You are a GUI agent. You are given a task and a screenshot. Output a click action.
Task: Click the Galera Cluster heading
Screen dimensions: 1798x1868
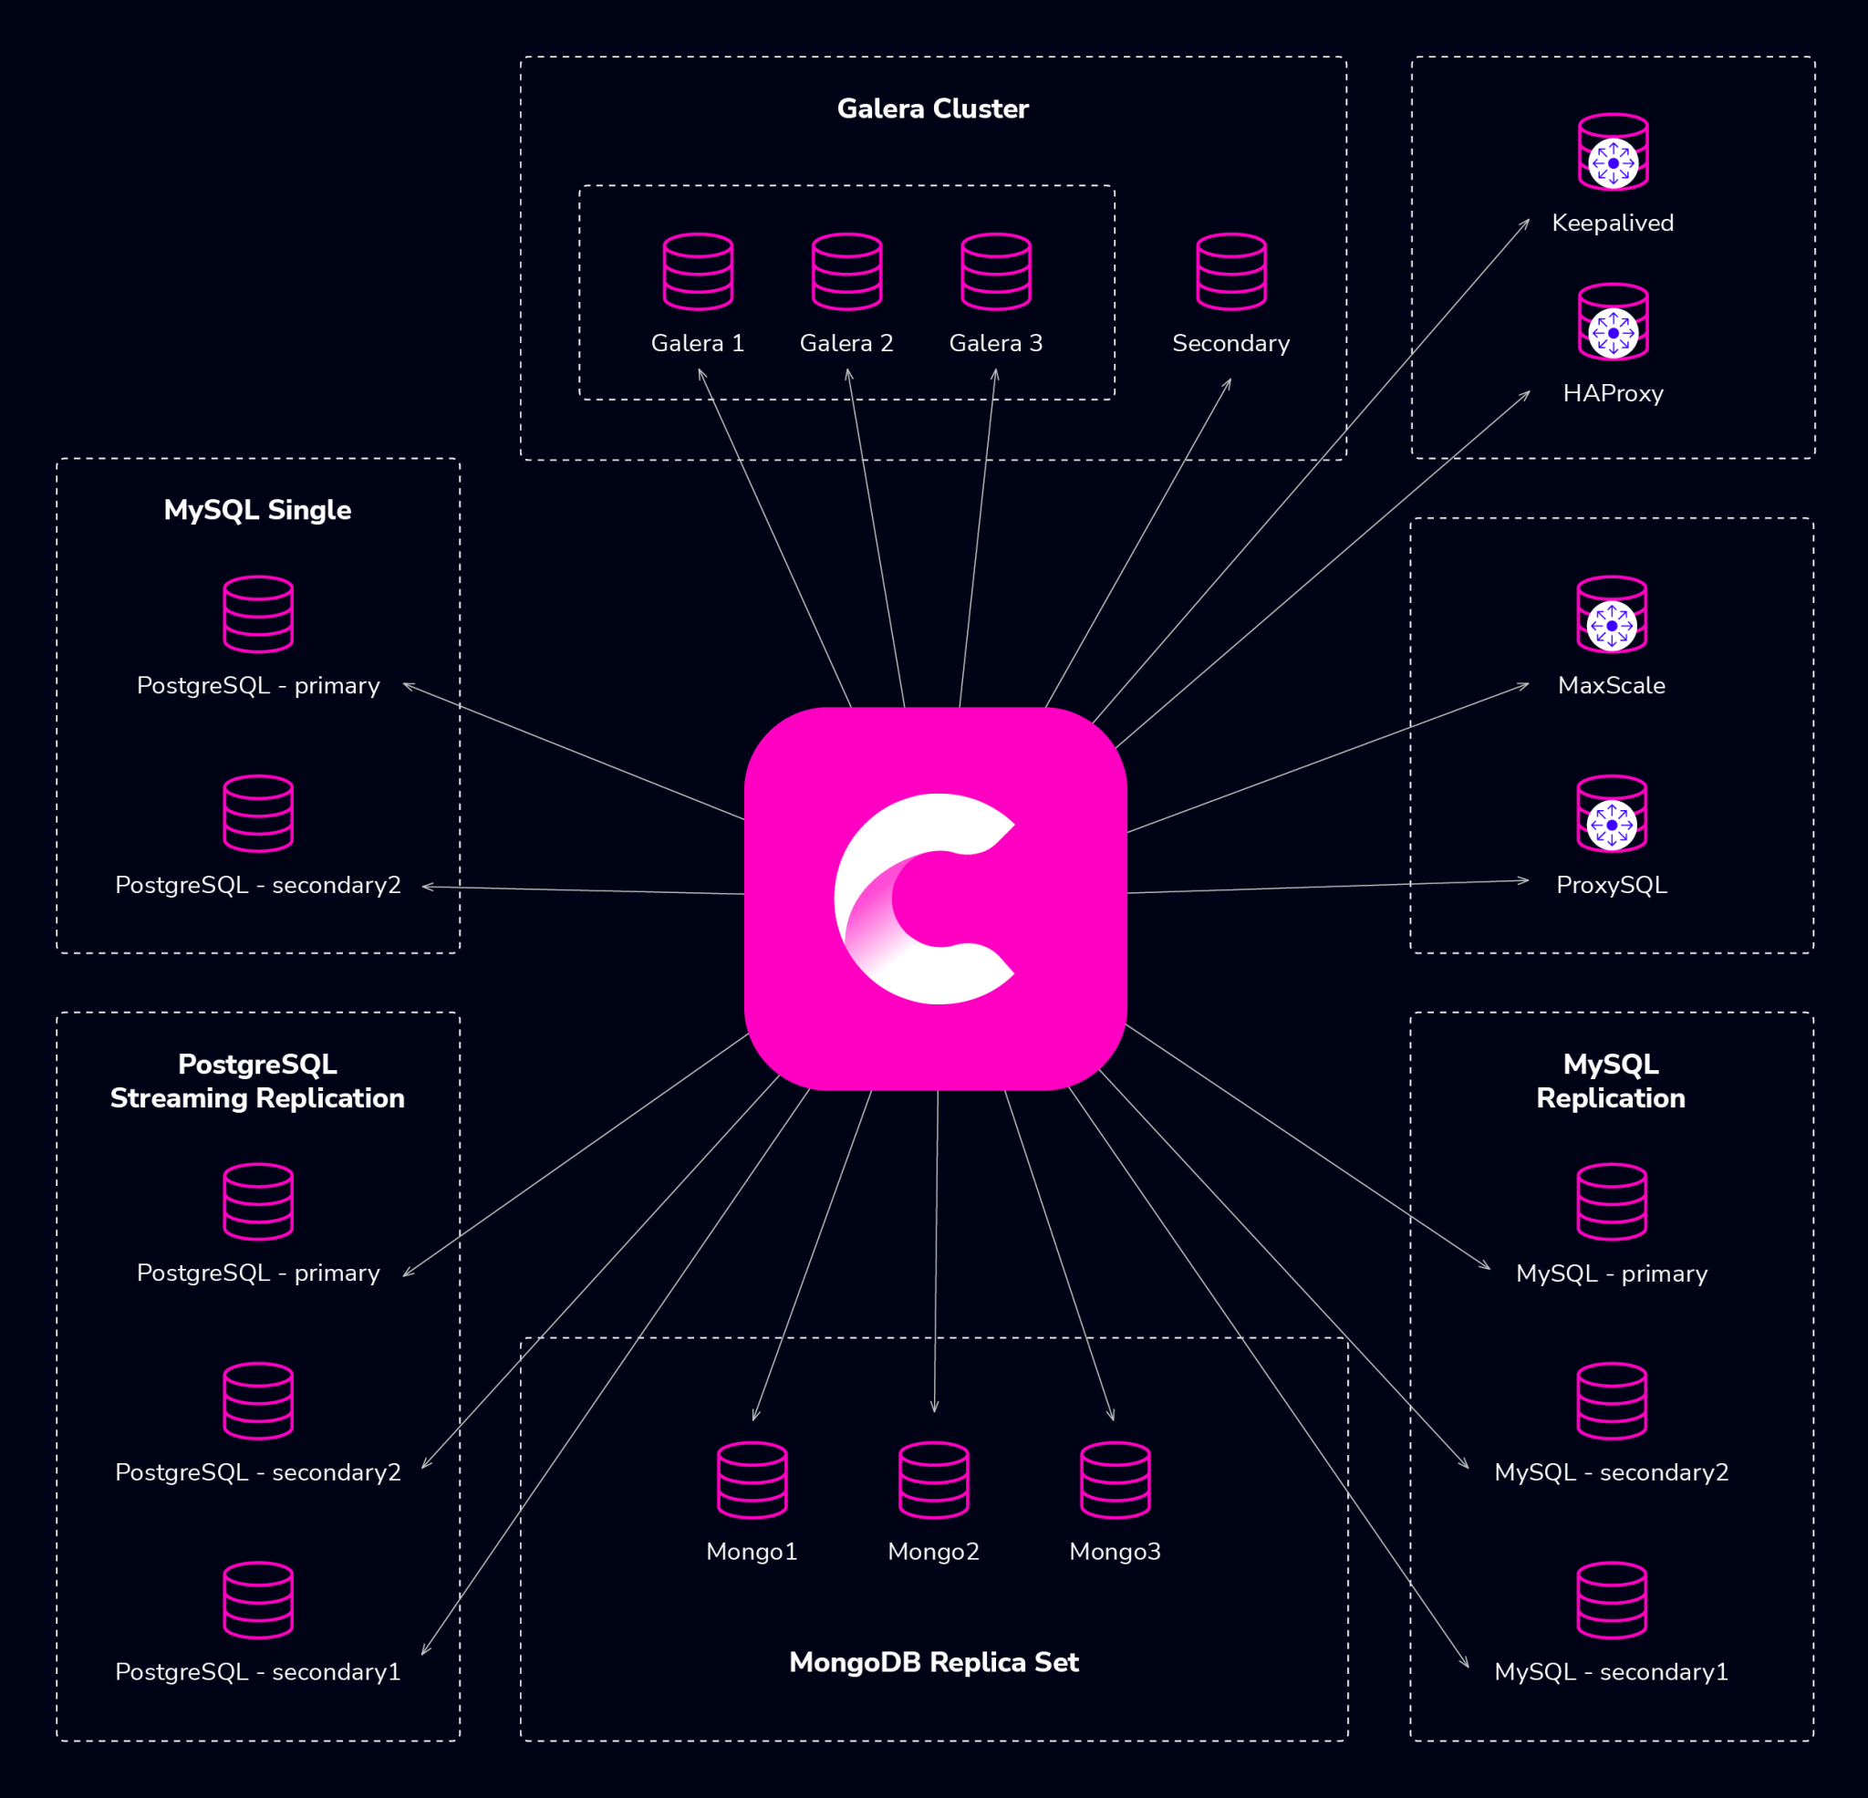point(932,109)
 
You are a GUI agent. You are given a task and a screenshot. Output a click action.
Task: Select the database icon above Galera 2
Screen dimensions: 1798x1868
point(846,272)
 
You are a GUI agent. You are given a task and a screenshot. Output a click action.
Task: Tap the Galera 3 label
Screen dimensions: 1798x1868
point(995,343)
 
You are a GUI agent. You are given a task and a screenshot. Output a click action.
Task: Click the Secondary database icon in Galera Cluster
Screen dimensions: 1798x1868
point(1230,272)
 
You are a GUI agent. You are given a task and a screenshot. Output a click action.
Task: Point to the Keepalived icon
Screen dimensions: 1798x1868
point(1613,152)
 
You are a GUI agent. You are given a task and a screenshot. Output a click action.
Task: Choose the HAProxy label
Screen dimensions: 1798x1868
point(1613,394)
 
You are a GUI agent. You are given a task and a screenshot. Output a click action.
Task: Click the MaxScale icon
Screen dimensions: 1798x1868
point(1612,615)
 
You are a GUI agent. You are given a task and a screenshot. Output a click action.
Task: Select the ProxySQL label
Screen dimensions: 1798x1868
point(1612,885)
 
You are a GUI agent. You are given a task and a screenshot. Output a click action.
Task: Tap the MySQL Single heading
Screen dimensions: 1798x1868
point(257,510)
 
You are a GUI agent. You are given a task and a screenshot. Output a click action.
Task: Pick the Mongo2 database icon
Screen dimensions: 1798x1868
point(933,1480)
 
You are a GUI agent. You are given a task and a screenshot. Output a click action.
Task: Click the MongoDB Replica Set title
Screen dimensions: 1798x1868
point(933,1663)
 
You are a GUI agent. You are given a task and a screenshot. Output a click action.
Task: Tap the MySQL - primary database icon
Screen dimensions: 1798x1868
point(1612,1201)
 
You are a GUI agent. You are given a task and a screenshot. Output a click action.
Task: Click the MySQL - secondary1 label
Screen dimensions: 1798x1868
point(1611,1671)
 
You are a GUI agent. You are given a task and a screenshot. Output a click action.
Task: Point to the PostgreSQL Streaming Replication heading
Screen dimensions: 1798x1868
point(257,1081)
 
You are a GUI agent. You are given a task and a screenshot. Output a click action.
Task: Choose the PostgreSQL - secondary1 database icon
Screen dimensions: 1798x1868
point(258,1600)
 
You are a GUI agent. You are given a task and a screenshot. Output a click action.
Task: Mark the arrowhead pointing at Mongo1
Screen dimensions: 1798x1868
point(755,1417)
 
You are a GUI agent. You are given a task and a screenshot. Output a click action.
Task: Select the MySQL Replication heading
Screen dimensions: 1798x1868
point(1611,1081)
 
